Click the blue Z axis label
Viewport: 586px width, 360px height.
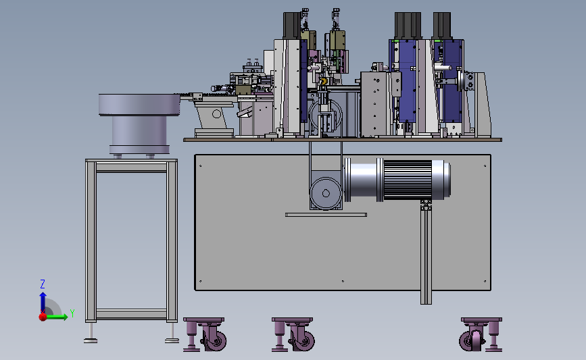[43, 284]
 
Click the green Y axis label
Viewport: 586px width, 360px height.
[72, 313]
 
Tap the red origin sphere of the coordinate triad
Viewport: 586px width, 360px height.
[43, 317]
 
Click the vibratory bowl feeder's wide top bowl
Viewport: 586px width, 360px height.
[139, 105]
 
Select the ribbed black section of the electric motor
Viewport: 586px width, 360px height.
[408, 180]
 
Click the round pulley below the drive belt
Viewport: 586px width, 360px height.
[326, 193]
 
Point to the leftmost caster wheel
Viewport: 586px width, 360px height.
[214, 338]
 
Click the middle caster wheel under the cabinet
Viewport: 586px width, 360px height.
[303, 338]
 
